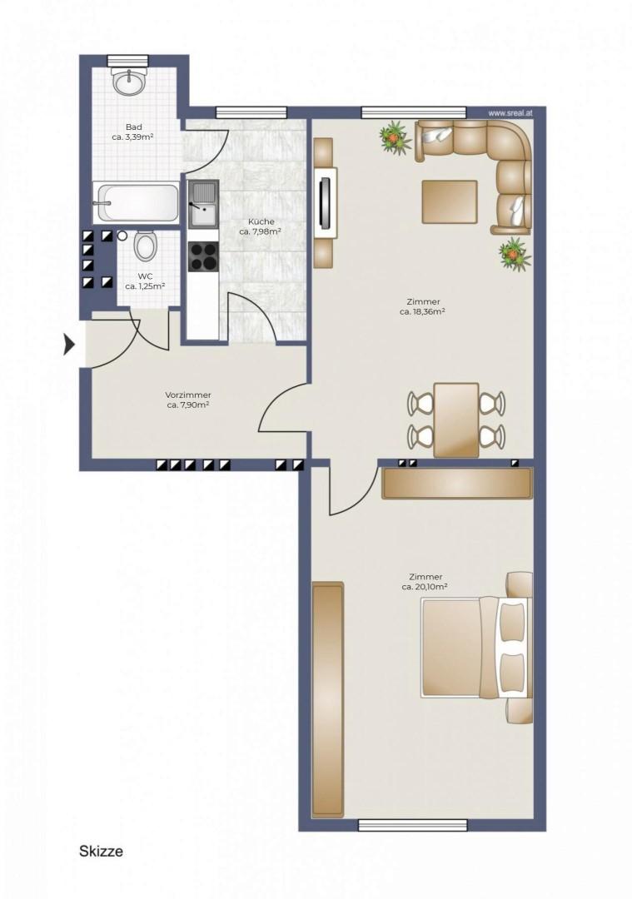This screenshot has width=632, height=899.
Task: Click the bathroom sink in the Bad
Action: click(130, 82)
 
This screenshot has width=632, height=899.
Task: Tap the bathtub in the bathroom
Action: click(136, 201)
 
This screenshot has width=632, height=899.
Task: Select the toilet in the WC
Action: click(145, 246)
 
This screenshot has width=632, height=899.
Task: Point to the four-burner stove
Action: click(204, 256)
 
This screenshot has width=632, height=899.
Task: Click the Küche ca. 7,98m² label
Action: click(260, 226)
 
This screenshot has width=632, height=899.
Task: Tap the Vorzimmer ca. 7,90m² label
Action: click(187, 400)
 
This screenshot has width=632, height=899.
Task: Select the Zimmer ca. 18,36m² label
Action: click(423, 306)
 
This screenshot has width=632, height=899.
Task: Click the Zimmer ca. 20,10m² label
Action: click(425, 581)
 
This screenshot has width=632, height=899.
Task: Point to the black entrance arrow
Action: click(69, 345)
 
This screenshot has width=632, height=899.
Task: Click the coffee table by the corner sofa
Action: click(450, 201)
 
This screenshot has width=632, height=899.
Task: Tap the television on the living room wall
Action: click(326, 201)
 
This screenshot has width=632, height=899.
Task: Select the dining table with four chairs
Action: click(456, 420)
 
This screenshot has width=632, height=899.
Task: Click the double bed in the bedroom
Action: click(477, 647)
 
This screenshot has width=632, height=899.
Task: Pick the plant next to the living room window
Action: click(396, 137)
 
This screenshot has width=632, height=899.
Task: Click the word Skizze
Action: click(101, 851)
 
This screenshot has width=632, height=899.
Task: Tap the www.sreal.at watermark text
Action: click(510, 113)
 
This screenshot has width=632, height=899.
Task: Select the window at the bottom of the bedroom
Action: click(413, 825)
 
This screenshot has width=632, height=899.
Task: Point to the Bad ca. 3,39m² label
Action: click(133, 132)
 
